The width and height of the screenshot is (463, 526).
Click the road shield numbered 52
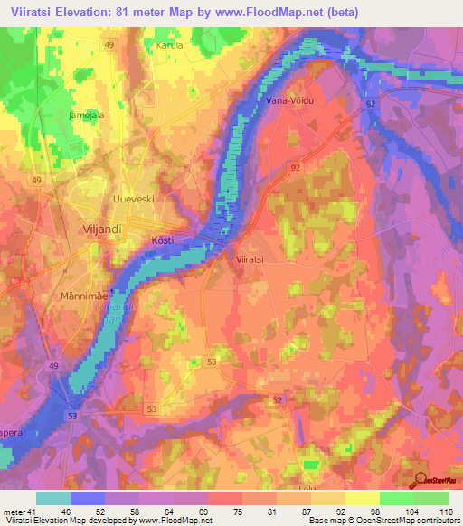pyautogui.click(x=278, y=399)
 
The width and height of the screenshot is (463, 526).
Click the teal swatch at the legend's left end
pyautogui.click(x=53, y=499)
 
